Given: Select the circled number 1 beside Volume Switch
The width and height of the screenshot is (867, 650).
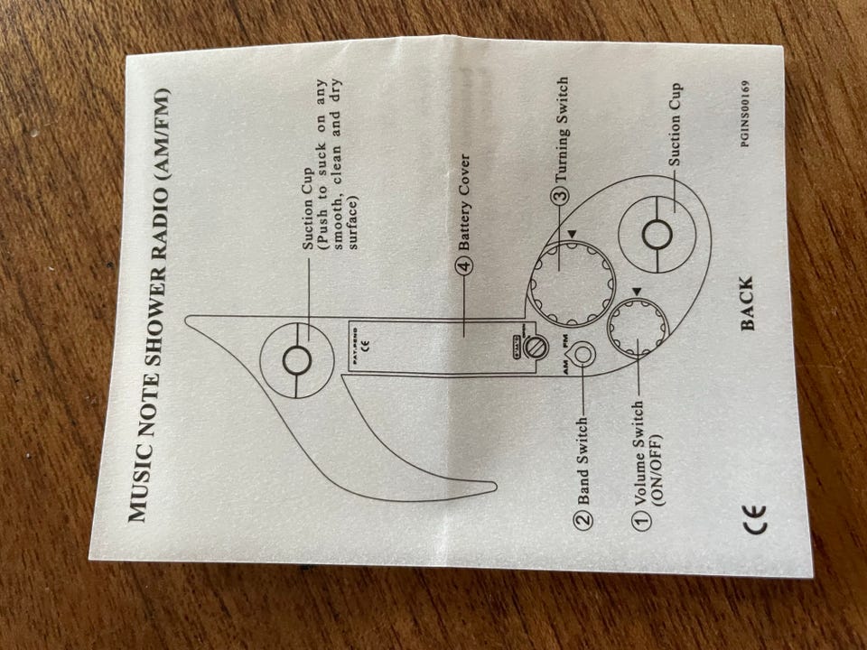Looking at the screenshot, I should point(642,521).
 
